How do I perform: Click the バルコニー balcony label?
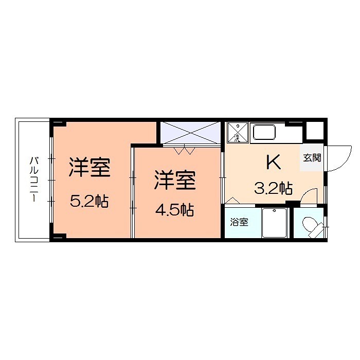[x=32, y=180]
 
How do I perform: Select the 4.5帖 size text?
[x=174, y=210]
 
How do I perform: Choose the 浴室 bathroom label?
[x=239, y=223]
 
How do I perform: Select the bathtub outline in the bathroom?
[x=275, y=223]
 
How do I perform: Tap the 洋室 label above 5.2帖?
[x=90, y=168]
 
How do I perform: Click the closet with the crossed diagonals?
[x=190, y=133]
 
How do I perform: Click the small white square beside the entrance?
[x=315, y=132]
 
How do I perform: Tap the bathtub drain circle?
[x=275, y=211]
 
